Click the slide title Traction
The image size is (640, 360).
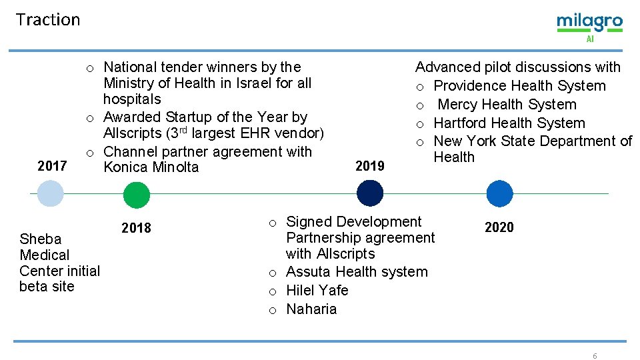(47, 20)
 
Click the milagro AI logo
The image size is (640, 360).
(589, 25)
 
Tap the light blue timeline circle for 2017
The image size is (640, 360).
(50, 194)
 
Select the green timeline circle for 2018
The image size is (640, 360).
(137, 195)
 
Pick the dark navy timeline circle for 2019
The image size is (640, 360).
(370, 193)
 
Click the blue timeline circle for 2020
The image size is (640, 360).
(499, 194)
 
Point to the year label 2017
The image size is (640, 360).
(52, 166)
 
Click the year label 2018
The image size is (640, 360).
(136, 228)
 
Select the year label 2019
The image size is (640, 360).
(370, 166)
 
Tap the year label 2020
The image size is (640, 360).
(499, 227)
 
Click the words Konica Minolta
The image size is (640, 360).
(151, 167)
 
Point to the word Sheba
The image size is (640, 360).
(40, 239)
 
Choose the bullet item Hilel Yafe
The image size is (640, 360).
(317, 291)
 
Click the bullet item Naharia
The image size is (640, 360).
(311, 309)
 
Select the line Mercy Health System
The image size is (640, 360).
(507, 105)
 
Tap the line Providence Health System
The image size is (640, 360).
(519, 86)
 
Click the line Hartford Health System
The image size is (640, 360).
(509, 123)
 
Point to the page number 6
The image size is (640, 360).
(595, 356)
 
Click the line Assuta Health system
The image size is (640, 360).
(357, 272)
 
